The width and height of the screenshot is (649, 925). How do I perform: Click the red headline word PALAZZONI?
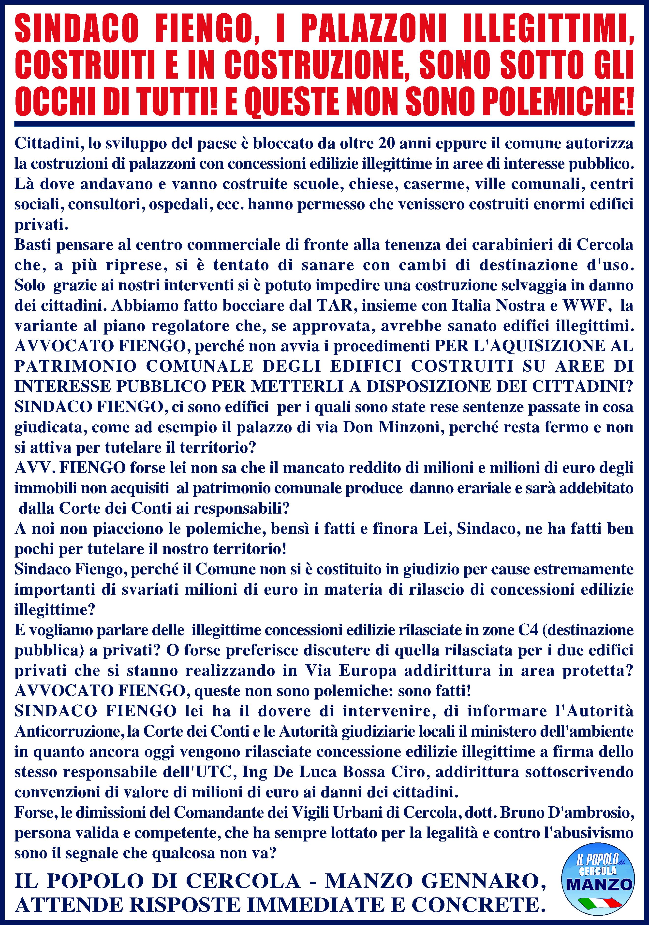pyautogui.click(x=370, y=30)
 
